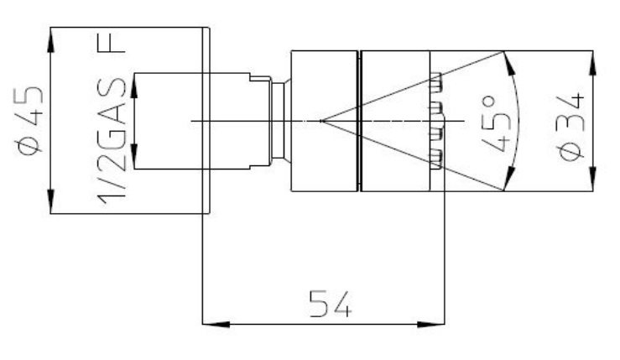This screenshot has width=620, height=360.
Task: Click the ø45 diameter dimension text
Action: [29, 120]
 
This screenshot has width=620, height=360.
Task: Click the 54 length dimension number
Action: [330, 304]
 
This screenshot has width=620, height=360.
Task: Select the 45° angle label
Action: [495, 123]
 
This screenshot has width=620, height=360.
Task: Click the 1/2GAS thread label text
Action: [112, 141]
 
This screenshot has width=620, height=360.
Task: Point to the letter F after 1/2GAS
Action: [112, 43]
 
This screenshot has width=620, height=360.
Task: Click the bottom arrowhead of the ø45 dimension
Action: [50, 201]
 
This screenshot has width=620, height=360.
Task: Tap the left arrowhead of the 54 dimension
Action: [216, 324]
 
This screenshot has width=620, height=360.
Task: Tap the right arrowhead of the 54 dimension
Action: [431, 324]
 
